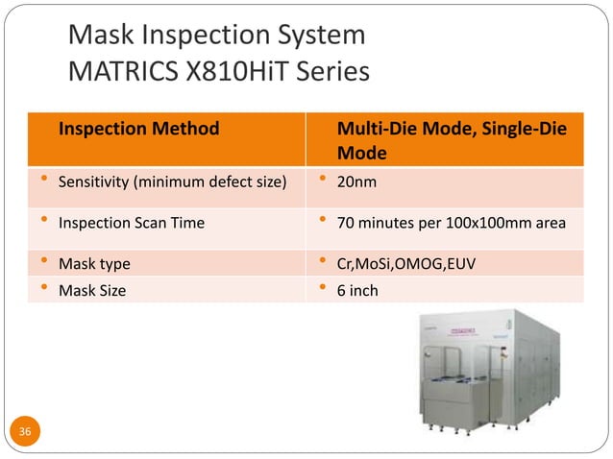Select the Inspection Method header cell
138,128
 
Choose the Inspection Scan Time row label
131,223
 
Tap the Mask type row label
94,263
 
